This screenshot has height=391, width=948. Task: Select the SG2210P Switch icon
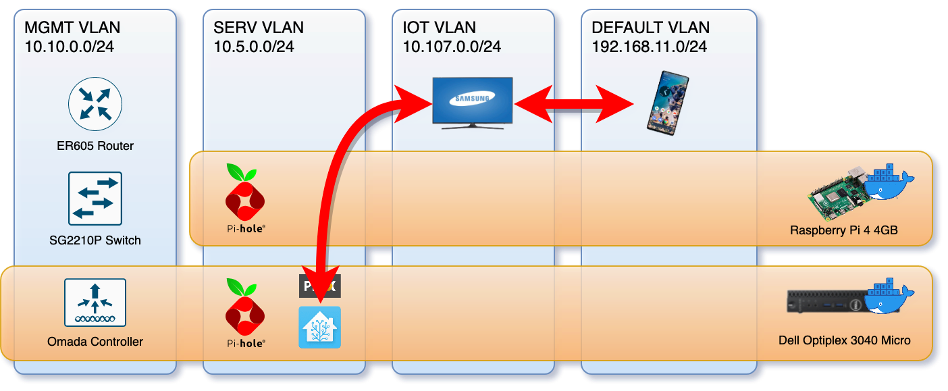(x=95, y=198)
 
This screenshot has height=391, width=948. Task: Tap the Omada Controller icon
(x=95, y=302)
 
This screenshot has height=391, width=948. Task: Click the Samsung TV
(x=473, y=102)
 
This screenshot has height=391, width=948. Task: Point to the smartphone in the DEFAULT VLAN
(x=667, y=102)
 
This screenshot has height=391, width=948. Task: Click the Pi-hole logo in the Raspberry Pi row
(x=244, y=193)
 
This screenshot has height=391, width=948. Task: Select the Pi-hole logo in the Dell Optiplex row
(x=244, y=308)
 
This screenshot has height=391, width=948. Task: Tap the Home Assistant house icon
(x=320, y=328)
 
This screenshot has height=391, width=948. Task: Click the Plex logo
(x=320, y=286)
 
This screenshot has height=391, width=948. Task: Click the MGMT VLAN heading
(x=72, y=28)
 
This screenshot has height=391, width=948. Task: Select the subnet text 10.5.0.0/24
(x=254, y=47)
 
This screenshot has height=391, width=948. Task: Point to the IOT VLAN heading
(x=440, y=28)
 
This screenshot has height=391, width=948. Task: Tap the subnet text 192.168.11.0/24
(x=650, y=47)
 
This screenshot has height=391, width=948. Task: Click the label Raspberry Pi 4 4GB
(x=844, y=230)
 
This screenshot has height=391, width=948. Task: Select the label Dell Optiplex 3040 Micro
(x=844, y=340)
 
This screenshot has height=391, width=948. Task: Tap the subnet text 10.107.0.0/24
(x=452, y=47)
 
